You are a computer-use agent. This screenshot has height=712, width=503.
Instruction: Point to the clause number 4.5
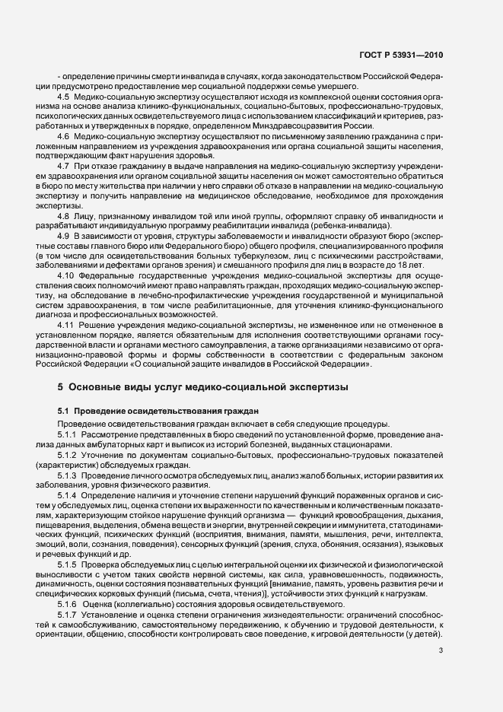63,97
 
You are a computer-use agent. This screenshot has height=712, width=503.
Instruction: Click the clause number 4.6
63,135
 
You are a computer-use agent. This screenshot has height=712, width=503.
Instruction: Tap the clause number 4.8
63,216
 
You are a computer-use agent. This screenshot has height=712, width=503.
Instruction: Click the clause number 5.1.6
68,603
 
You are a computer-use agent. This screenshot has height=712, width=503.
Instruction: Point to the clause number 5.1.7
68,615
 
